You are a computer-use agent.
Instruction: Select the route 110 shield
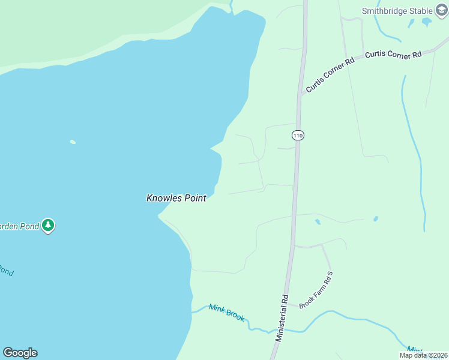tap(298, 136)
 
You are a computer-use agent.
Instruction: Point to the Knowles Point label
tap(176, 198)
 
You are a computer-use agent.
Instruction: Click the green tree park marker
tap(48, 226)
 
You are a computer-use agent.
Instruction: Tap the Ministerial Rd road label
tap(282, 318)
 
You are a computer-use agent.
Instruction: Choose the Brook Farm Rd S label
tap(316, 290)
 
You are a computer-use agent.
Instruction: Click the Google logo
tap(20, 353)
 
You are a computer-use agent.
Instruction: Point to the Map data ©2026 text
tap(423, 355)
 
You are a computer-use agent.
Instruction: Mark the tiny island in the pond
tap(73, 142)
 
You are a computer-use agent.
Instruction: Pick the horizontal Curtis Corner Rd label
tap(393, 55)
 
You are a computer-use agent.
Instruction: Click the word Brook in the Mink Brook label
tap(235, 314)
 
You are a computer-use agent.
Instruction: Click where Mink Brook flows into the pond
tap(192, 312)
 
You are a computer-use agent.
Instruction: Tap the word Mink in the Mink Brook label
tap(216, 308)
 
